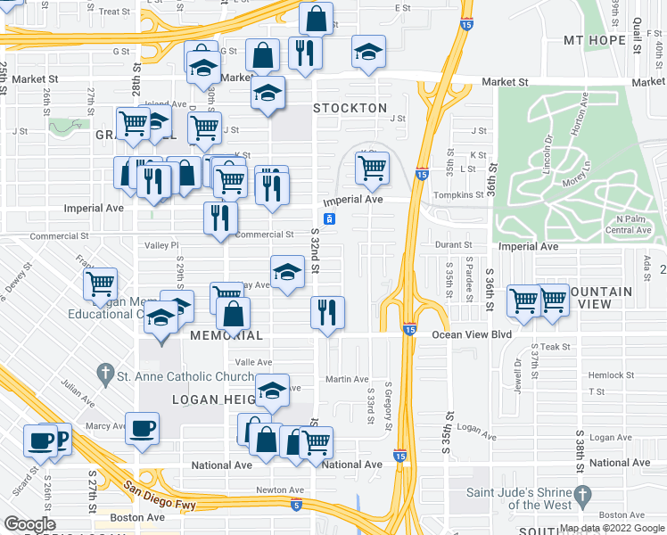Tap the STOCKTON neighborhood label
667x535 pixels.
[x=350, y=108]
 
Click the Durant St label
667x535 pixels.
[x=454, y=244]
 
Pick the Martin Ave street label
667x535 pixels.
[x=347, y=380]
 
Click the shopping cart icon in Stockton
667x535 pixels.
[x=372, y=166]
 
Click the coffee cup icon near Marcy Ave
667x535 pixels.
[x=143, y=428]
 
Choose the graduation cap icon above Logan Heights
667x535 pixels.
[x=273, y=390]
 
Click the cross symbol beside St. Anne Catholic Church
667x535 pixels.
[x=105, y=373]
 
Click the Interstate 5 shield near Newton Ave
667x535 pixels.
[x=296, y=505]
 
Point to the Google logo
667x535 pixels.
[x=29, y=524]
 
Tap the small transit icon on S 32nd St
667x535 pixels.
[x=329, y=218]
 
